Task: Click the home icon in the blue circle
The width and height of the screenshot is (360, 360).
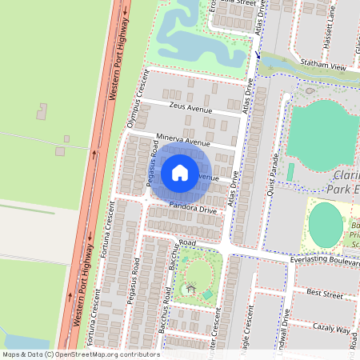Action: point(180,172)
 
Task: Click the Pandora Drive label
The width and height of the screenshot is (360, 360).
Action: point(192,209)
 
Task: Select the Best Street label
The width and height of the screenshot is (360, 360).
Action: point(324,295)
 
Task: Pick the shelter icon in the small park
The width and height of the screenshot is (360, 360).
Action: point(190,288)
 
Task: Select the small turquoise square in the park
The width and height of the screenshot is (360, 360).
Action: point(207,295)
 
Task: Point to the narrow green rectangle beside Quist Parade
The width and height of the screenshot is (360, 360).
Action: point(290,172)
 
